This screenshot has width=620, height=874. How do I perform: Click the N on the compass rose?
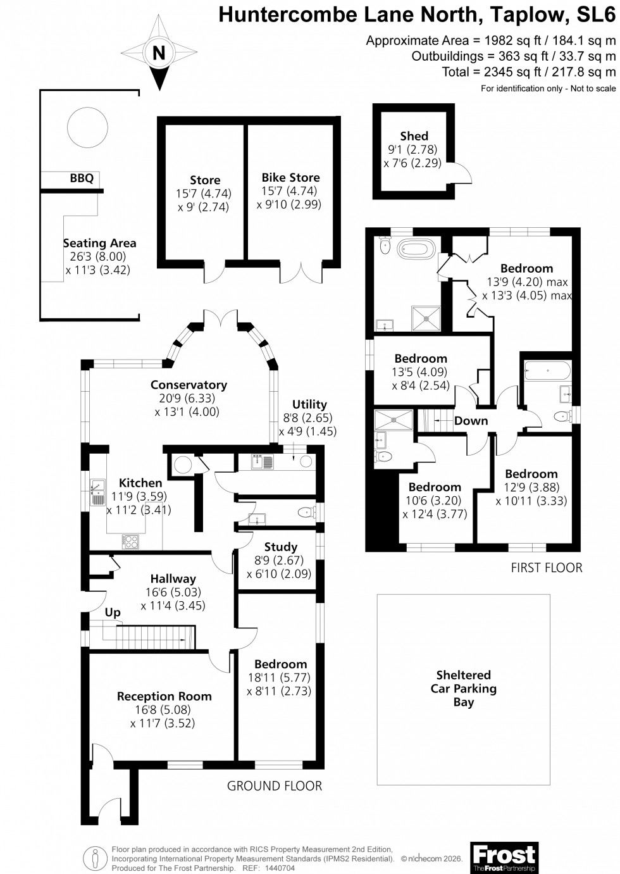pos(159,53)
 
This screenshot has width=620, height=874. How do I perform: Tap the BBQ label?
pos(82,178)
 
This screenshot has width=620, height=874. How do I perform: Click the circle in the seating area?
pos(86,126)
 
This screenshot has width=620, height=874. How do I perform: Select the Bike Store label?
pos(290,178)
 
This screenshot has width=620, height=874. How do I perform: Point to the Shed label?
pos(414,136)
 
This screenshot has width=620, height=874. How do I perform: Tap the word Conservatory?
pos(189,385)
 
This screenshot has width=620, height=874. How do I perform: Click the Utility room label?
pos(309,404)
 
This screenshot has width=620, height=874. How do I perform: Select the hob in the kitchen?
pos(130,542)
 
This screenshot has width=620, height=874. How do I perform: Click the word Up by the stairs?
pos(113,612)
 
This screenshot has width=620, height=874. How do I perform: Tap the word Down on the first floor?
pos(471,421)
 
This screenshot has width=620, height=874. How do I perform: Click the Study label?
pos(281,547)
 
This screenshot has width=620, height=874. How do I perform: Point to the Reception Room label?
pos(164,696)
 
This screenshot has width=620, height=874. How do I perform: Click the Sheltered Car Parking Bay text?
pos(463,689)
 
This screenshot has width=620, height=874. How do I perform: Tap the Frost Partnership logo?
pos(504,858)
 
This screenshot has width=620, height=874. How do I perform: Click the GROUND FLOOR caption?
pos(275,786)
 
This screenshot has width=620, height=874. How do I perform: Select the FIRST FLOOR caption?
pos(547,568)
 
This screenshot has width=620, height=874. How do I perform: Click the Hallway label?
pos(173,578)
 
